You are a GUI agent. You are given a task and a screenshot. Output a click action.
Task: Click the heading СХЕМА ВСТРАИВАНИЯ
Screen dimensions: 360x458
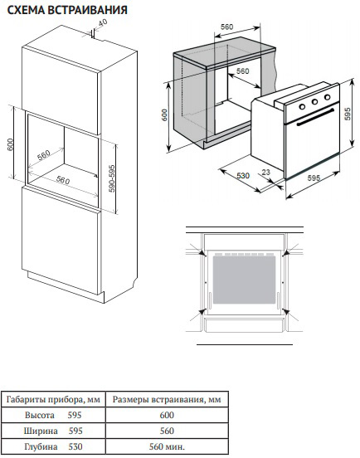pyautogui.click(x=67, y=10)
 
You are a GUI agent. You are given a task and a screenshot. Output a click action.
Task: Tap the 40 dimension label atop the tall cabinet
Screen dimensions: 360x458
pyautogui.click(x=102, y=22)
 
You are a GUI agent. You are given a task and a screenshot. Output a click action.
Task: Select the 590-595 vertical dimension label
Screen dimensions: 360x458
pyautogui.click(x=112, y=178)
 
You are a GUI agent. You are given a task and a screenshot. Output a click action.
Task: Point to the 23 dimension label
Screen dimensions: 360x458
pyautogui.click(x=265, y=172)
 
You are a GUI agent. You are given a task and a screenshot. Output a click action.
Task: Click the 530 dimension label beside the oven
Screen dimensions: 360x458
pyautogui.click(x=243, y=176)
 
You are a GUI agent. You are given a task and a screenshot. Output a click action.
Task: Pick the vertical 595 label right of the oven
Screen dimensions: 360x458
pyautogui.click(x=348, y=114)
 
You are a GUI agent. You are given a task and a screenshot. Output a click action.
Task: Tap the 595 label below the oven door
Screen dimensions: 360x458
pyautogui.click(x=314, y=178)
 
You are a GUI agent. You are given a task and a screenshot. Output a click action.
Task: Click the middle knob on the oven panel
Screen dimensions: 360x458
pyautogui.click(x=314, y=102)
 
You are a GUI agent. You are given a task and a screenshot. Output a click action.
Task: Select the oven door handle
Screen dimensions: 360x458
pyautogui.click(x=315, y=118)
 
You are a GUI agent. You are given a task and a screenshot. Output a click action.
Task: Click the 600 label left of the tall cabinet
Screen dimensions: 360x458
pyautogui.click(x=10, y=144)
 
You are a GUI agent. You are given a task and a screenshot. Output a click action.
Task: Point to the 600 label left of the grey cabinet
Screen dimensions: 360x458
pyautogui.click(x=165, y=114)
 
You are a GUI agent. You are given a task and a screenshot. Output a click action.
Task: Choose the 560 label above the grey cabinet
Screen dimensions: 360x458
pyautogui.click(x=226, y=27)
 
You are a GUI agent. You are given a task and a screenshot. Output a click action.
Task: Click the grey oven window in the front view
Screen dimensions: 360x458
pyautogui.click(x=244, y=280)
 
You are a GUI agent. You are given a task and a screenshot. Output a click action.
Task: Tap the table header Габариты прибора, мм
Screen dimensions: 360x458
pyautogui.click(x=53, y=399)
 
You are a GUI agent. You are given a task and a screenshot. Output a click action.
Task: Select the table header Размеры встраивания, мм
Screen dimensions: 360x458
pyautogui.click(x=167, y=399)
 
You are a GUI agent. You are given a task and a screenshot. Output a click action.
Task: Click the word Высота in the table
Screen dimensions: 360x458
pyautogui.click(x=40, y=415)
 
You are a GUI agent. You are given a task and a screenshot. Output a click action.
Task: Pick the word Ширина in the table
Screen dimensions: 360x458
pyautogui.click(x=41, y=431)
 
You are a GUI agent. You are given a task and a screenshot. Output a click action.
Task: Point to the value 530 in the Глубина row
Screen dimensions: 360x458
pyautogui.click(x=75, y=446)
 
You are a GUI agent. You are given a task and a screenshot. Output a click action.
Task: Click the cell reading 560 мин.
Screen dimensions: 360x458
pyautogui.click(x=167, y=446)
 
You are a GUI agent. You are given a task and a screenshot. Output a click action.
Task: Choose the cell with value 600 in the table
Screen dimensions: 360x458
pyautogui.click(x=167, y=415)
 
